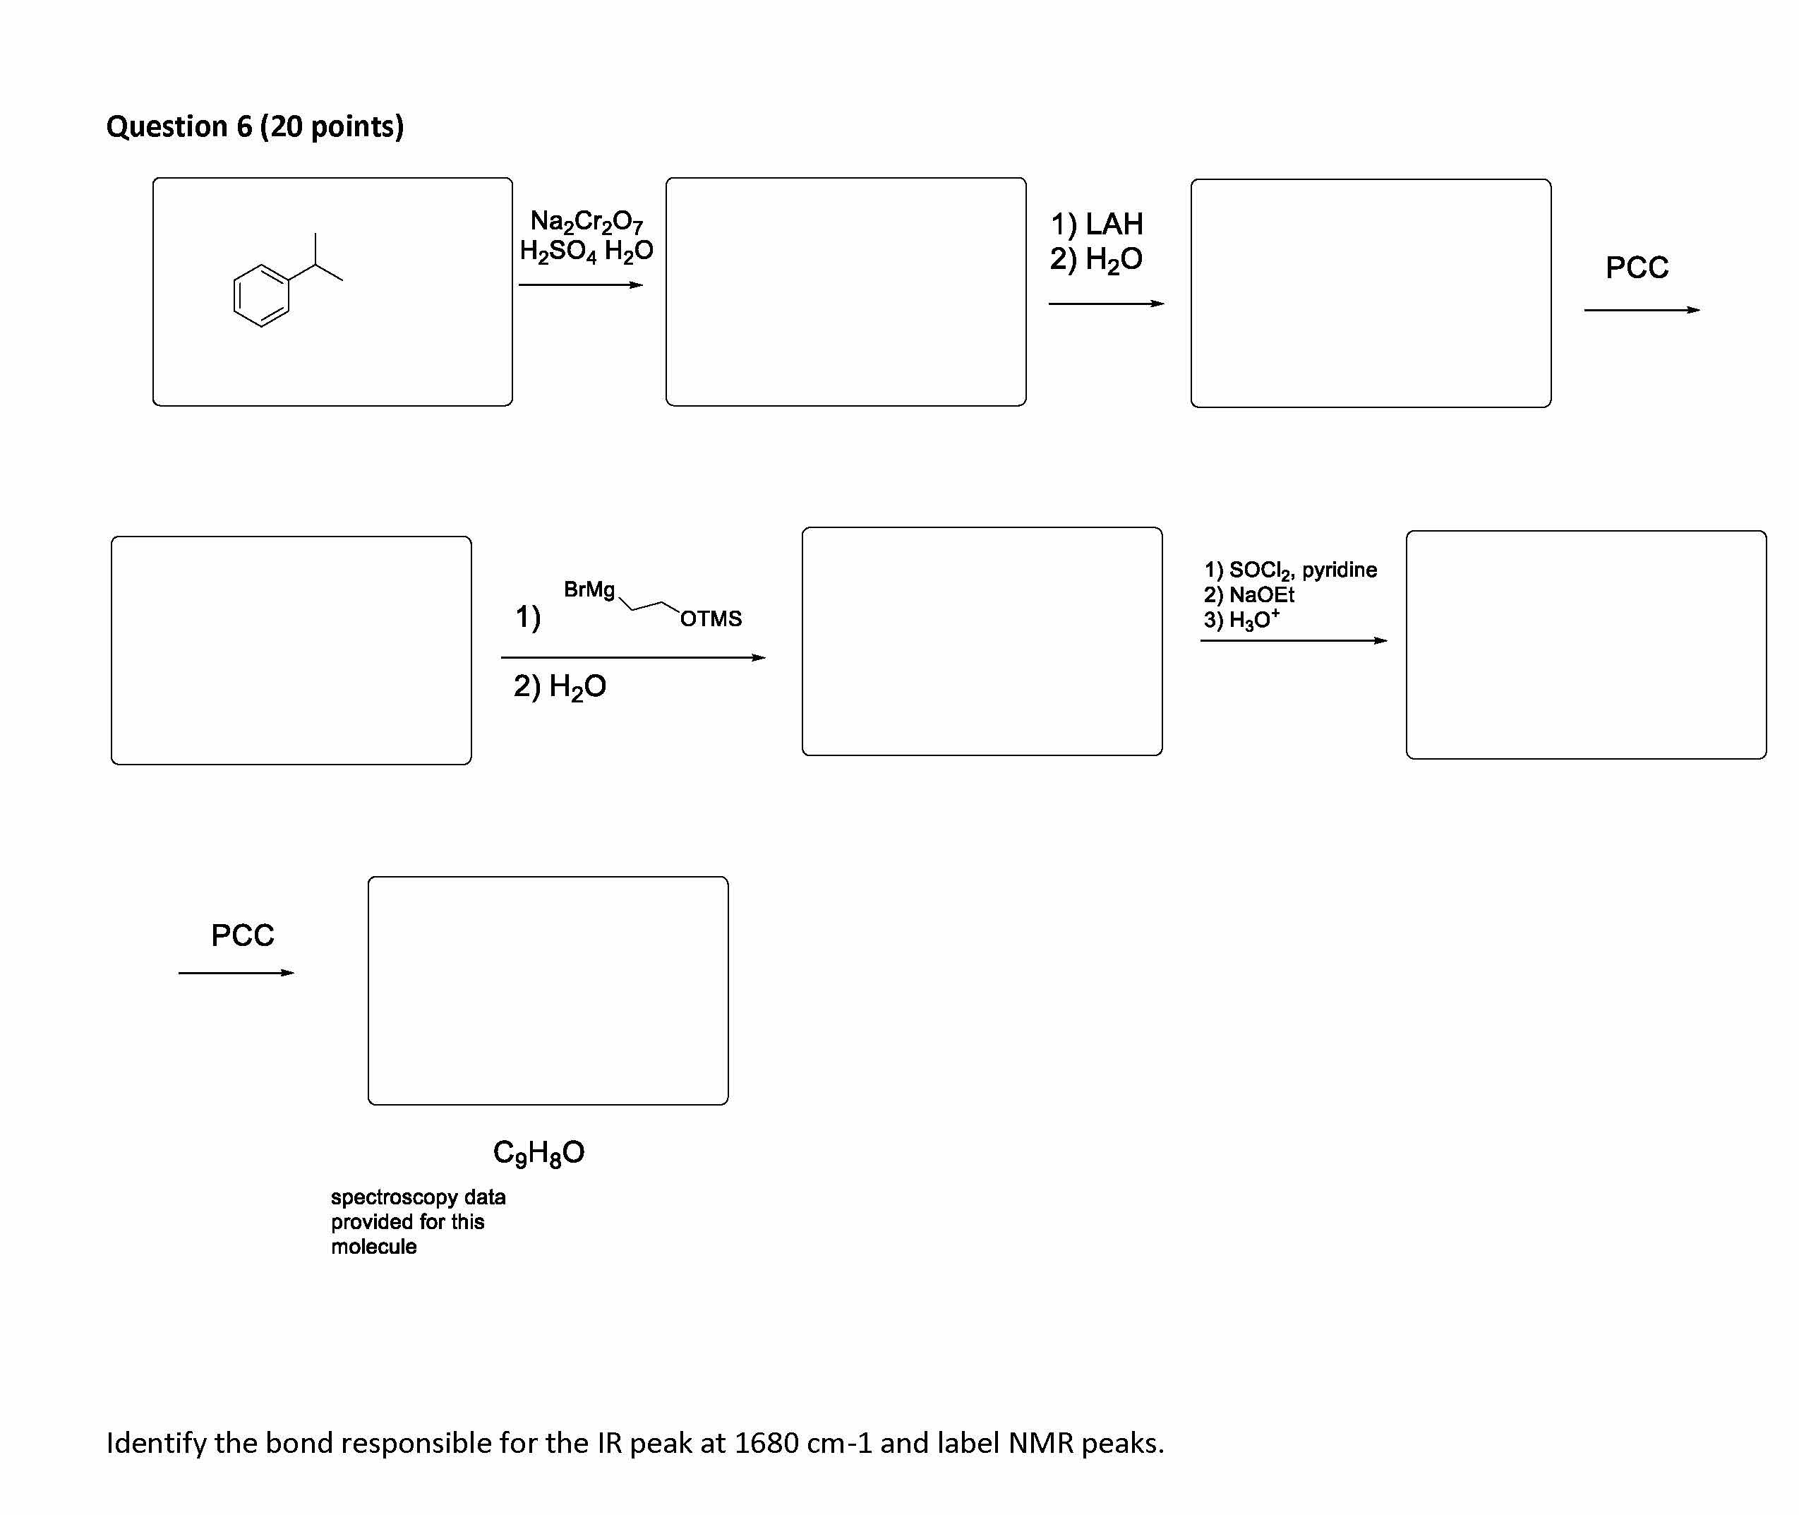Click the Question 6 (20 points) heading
(254, 126)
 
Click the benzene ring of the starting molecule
(261, 295)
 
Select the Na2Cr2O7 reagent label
(586, 222)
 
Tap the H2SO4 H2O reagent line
(586, 251)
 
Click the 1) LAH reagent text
(1097, 224)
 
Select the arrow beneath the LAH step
(1106, 303)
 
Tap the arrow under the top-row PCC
(1641, 310)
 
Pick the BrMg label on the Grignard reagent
(589, 589)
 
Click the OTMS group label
(710, 618)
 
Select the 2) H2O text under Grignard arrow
(560, 686)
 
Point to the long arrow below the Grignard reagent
(633, 658)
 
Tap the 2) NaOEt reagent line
(1249, 594)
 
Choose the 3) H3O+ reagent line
(1241, 619)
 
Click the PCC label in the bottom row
(242, 935)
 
